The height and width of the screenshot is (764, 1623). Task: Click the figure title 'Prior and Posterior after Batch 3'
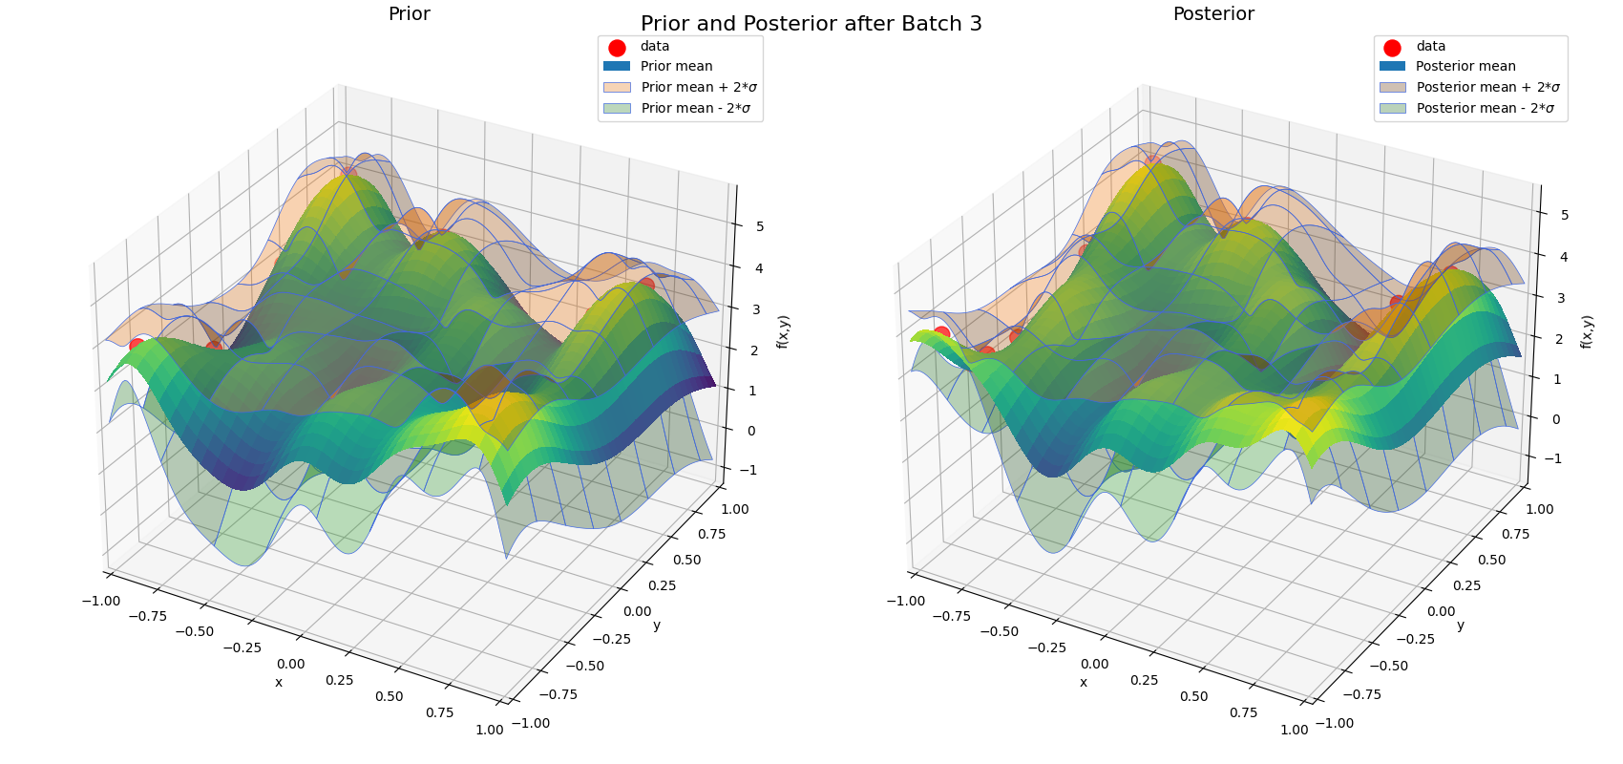(811, 24)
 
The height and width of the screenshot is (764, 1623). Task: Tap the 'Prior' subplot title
(409, 14)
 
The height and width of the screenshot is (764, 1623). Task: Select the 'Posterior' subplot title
(1213, 14)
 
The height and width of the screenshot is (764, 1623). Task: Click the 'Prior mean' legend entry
(676, 67)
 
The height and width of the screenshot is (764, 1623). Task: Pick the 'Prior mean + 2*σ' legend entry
(699, 88)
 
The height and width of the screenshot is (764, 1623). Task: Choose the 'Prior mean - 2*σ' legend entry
(695, 109)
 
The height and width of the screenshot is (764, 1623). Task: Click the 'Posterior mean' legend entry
(1465, 67)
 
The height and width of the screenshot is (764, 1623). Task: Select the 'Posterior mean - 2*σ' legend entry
(1486, 109)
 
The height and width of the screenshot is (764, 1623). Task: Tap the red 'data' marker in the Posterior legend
(1392, 48)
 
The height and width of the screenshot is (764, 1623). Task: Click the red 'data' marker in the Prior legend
(617, 48)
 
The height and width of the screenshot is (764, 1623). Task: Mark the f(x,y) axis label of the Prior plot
(783, 331)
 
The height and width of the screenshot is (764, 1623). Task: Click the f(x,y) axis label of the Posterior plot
(1587, 331)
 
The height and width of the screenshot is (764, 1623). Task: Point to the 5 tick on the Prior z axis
(759, 227)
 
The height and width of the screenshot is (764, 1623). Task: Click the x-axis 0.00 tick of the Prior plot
(290, 665)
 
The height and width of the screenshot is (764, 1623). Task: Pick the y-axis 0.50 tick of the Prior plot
(686, 561)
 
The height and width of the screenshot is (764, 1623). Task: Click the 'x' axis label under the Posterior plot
(1084, 683)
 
